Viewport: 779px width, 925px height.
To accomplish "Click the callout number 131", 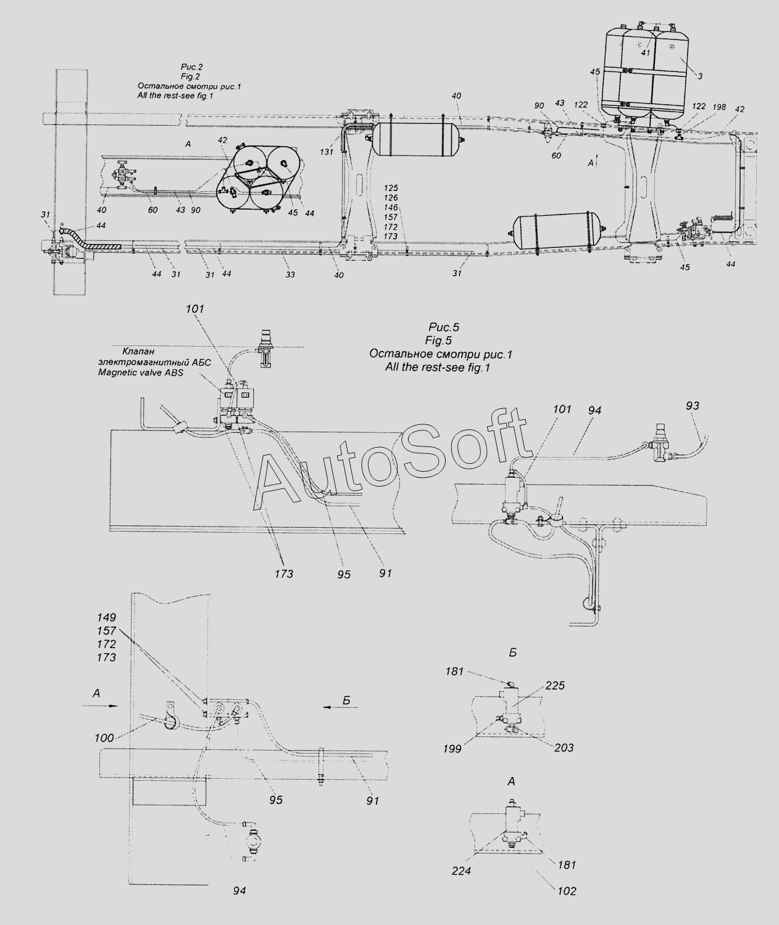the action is (x=327, y=152).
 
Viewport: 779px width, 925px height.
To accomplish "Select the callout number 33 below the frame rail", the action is (x=290, y=274).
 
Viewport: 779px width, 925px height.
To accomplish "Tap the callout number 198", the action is (x=719, y=107).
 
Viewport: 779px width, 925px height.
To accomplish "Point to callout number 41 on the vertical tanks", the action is (x=646, y=52).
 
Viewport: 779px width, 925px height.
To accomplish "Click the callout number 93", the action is (x=692, y=405).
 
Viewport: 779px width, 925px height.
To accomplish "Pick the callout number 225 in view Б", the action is (x=555, y=685).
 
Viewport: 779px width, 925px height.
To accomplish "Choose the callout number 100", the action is (x=104, y=738).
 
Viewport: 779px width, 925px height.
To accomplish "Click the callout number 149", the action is (x=106, y=617).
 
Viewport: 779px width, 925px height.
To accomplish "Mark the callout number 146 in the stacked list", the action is (x=391, y=207).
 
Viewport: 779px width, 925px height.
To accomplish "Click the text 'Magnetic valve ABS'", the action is (x=141, y=372).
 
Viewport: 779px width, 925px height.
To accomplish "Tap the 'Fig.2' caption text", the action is (x=191, y=76).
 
